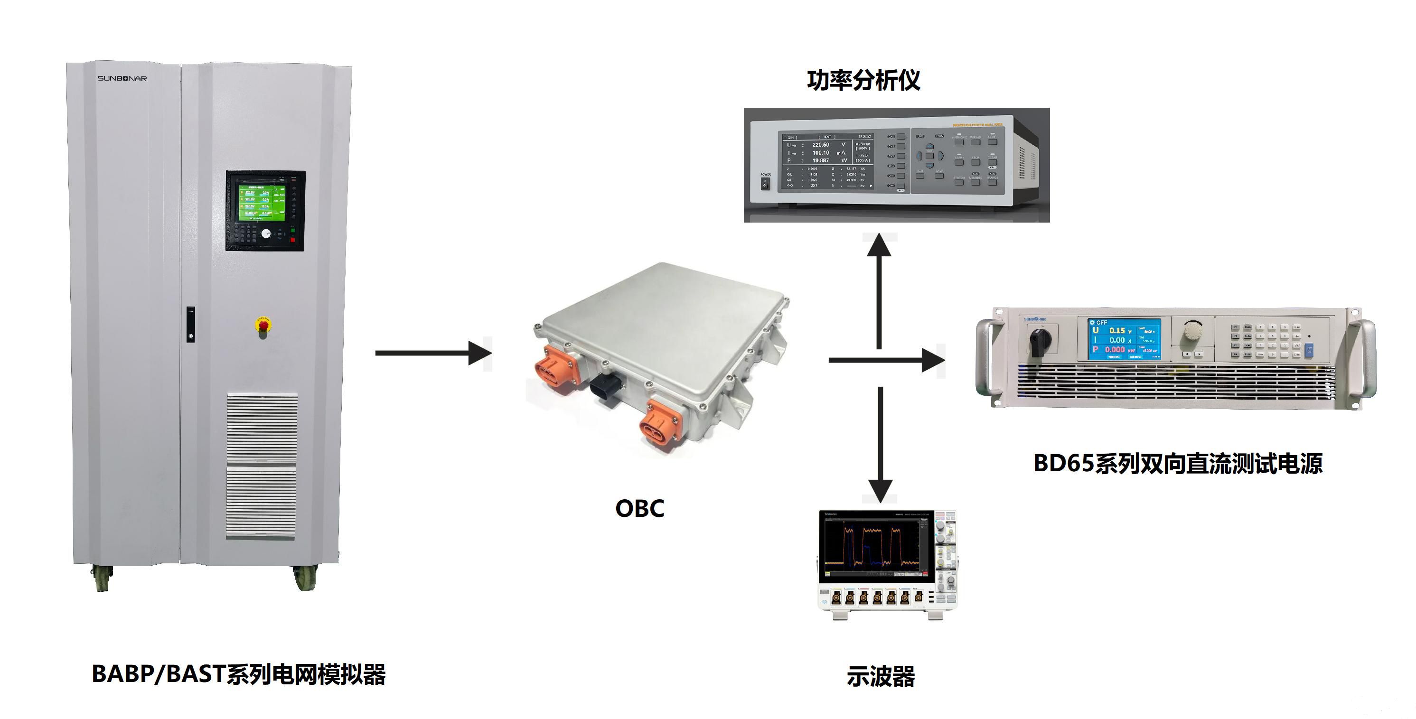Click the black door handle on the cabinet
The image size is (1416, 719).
(190, 324)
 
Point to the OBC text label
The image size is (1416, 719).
(639, 508)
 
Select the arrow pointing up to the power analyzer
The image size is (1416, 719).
(879, 291)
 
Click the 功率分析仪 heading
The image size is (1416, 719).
(863, 80)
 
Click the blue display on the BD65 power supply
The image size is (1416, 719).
(1124, 339)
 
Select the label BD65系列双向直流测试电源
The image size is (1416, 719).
(1177, 463)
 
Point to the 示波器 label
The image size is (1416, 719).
(880, 677)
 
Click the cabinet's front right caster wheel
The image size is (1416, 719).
(305, 578)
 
